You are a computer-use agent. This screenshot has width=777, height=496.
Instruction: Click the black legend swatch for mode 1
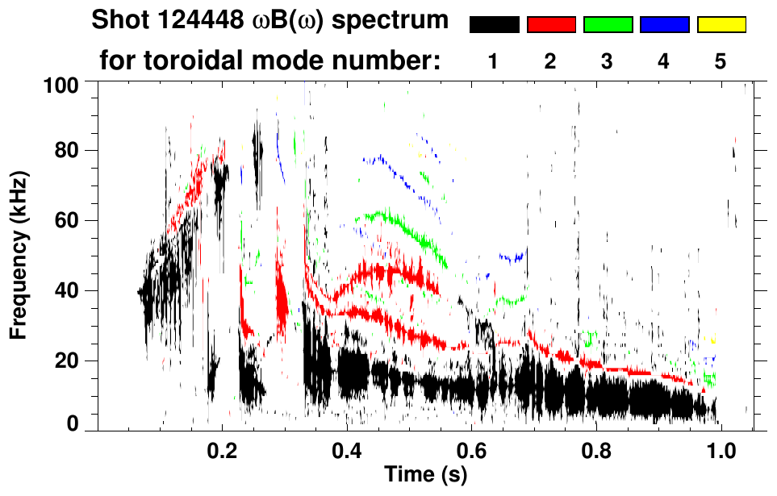pos(494,25)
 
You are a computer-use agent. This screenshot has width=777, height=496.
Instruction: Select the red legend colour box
pos(551,25)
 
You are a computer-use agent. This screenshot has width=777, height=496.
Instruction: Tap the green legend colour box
pos(608,25)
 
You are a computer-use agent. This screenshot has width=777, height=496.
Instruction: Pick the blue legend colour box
pos(664,25)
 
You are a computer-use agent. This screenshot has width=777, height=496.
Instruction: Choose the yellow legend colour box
pos(721,25)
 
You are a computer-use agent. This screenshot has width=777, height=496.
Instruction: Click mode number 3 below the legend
pos(608,62)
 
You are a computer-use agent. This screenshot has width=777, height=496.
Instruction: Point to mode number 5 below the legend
pos(721,62)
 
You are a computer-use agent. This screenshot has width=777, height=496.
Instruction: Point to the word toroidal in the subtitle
pos(226,60)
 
